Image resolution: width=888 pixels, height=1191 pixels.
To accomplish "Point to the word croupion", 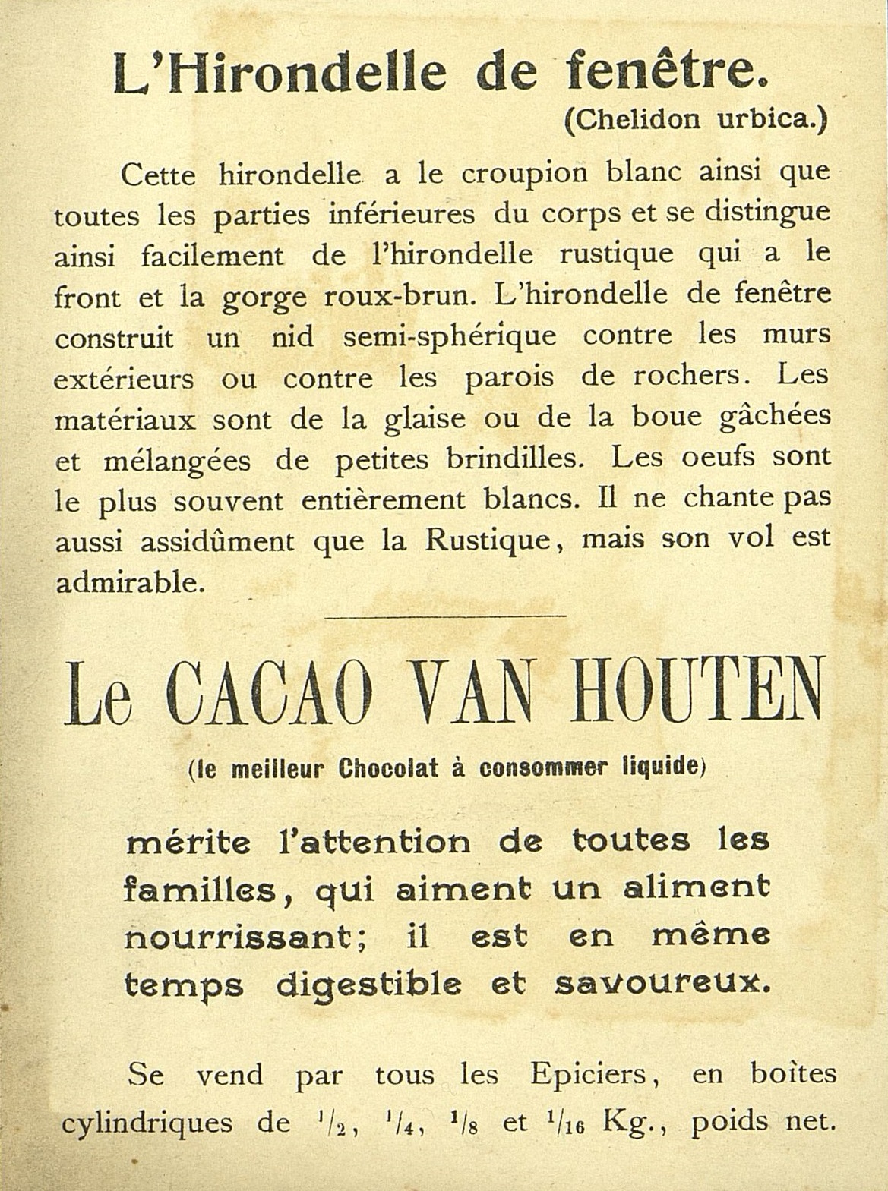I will tap(524, 175).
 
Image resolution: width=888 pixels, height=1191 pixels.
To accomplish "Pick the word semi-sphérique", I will tap(450, 336).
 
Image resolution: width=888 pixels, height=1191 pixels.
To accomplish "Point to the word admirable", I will tap(129, 581).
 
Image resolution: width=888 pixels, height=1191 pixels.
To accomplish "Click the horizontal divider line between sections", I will tap(445, 616).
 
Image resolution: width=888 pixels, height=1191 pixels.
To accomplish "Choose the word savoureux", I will tap(662, 985).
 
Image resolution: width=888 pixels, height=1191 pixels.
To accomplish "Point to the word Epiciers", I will tap(577, 1075).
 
